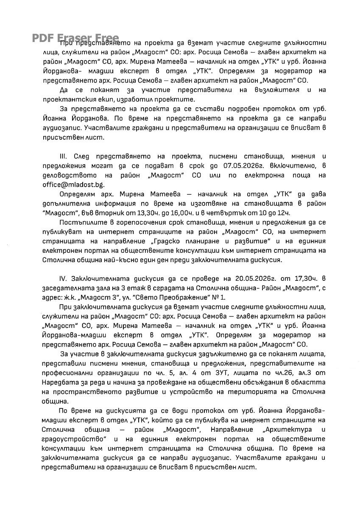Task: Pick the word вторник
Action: pos(118,213)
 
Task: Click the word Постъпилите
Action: pos(81,222)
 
